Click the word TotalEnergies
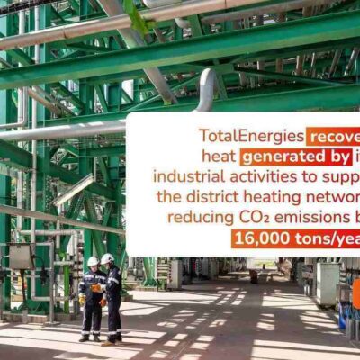pos(250,137)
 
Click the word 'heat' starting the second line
pos(220,156)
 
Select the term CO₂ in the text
pos(255,217)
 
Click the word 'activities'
pos(255,176)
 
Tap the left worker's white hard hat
pos(92,261)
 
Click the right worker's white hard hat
pos(107,258)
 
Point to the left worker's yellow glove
pos(82,298)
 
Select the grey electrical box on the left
pos(21,256)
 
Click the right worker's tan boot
pos(108,342)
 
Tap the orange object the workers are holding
pos(96,288)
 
